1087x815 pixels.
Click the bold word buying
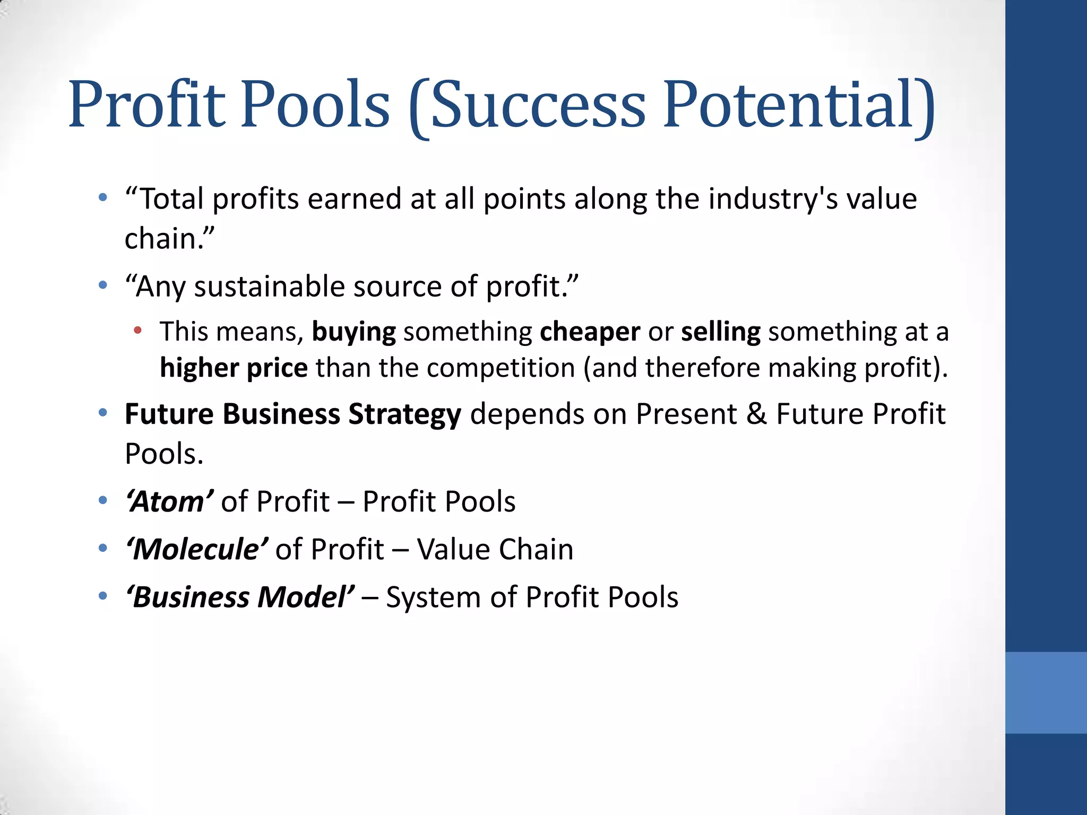click(353, 332)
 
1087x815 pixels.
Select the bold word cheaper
click(590, 332)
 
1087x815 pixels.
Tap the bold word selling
click(720, 332)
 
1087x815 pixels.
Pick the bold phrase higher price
click(234, 368)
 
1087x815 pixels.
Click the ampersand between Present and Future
click(756, 414)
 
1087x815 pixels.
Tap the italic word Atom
click(169, 501)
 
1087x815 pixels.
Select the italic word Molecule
click(196, 549)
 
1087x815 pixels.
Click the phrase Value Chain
click(495, 549)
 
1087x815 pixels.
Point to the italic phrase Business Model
click(240, 597)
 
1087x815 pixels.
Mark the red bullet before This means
click(138, 331)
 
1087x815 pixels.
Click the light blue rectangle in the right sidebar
click(1046, 692)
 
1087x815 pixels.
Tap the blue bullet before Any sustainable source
click(103, 285)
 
